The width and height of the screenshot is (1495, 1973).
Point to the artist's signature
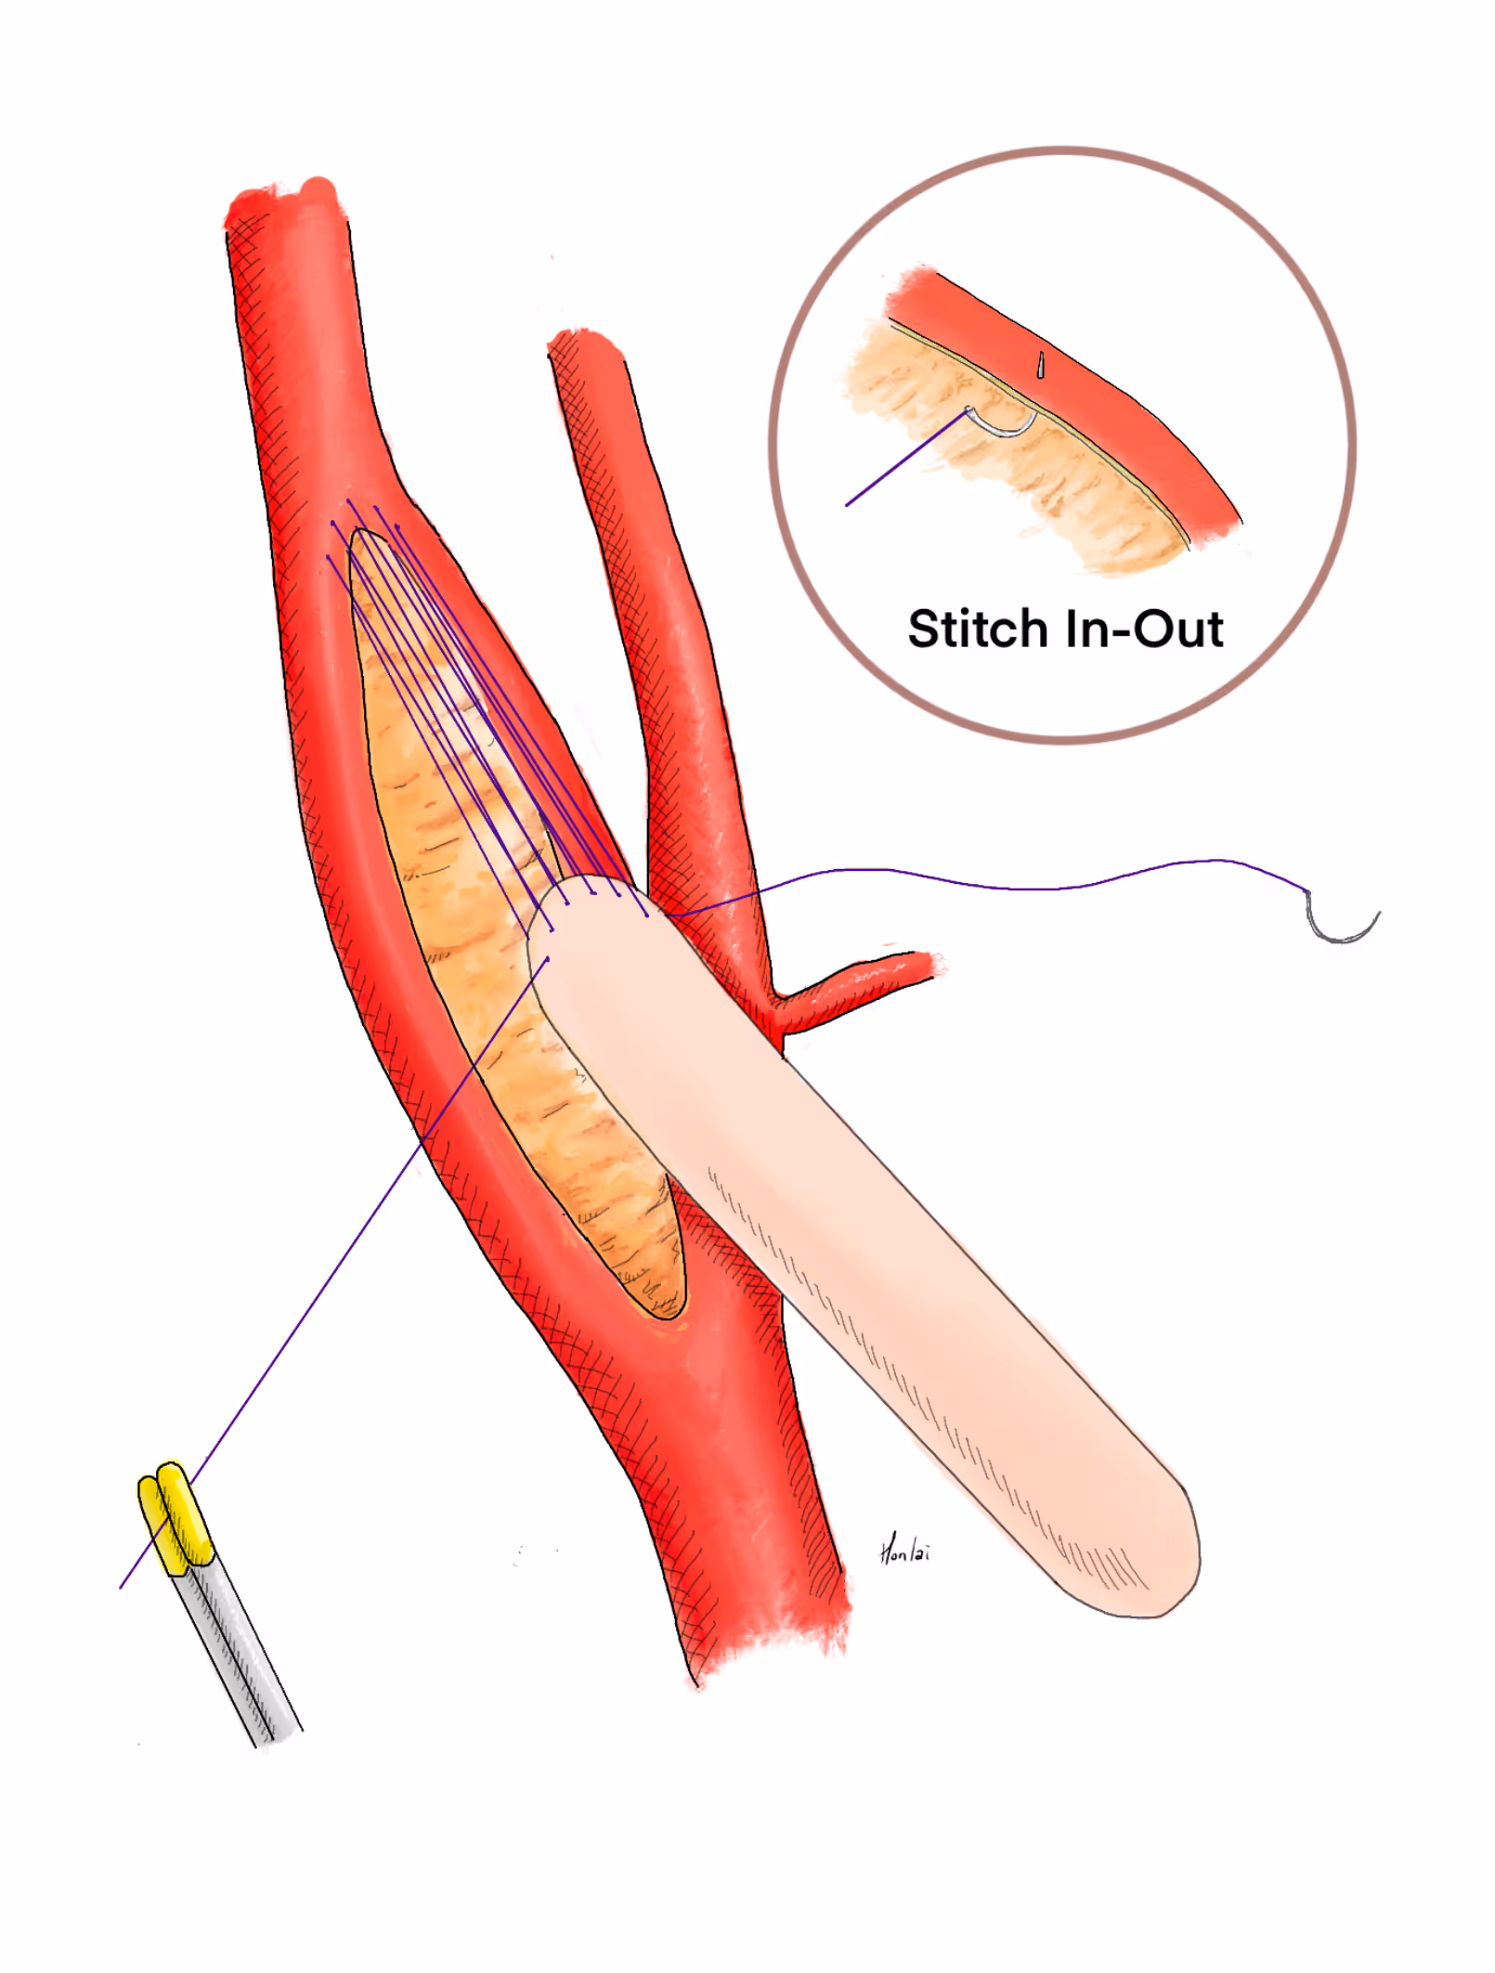click(903, 1550)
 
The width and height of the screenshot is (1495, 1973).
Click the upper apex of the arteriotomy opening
click(364, 537)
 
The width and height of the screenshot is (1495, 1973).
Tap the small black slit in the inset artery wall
click(1041, 365)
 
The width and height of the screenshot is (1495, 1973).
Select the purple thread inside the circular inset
click(905, 460)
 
